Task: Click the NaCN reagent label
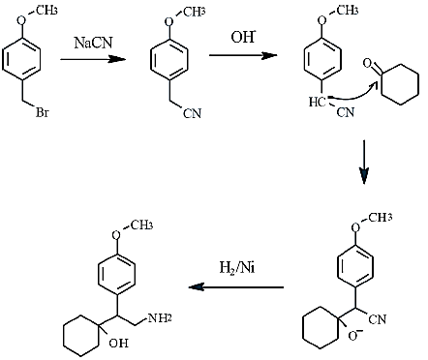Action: (94, 43)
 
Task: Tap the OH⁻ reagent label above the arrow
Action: (243, 37)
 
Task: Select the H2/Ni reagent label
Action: (237, 268)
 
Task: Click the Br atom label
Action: (42, 112)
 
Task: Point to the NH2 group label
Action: (160, 318)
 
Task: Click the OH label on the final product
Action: (118, 343)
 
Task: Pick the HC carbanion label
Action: (317, 103)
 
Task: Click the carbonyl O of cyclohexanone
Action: (367, 63)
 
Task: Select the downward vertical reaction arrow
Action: (364, 162)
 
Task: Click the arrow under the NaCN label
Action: (93, 59)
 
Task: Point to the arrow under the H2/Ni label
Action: (236, 286)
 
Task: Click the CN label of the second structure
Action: (192, 113)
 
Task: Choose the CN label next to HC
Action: (346, 112)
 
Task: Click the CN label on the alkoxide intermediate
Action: (377, 319)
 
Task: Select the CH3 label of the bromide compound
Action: (46, 11)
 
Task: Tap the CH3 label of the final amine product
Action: (141, 225)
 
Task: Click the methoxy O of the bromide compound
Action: (21, 20)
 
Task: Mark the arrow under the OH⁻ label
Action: (243, 55)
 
